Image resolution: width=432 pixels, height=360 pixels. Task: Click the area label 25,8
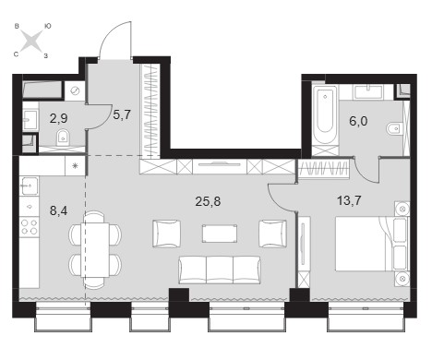[x=208, y=202]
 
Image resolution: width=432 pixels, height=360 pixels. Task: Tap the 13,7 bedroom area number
[x=349, y=201]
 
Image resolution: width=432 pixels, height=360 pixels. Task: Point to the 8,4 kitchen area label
[x=58, y=210]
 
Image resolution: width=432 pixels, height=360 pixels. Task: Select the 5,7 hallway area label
[x=122, y=115]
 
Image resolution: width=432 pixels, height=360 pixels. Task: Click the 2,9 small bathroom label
[x=58, y=118]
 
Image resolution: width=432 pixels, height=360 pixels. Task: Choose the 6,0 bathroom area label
[x=358, y=121]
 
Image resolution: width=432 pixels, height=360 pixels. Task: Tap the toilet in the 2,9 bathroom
[x=63, y=138]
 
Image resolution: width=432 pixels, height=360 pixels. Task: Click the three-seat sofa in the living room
[x=220, y=270]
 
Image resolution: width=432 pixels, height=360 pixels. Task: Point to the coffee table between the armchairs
[x=220, y=234]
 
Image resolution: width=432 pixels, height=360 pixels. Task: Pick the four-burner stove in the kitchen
[x=30, y=227]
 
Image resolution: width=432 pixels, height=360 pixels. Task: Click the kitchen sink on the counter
[x=30, y=186]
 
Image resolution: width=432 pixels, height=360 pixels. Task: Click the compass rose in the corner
[x=32, y=41]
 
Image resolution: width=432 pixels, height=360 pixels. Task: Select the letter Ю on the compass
[x=48, y=27]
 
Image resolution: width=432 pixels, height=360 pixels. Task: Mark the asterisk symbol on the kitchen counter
[x=75, y=166]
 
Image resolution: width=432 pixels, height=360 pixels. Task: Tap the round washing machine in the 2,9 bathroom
[x=75, y=91]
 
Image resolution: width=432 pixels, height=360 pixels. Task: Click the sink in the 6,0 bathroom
[x=367, y=92]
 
